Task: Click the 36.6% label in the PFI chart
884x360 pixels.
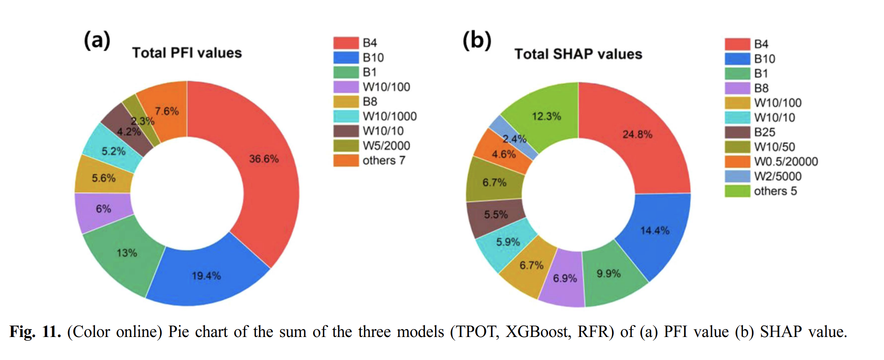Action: tap(264, 159)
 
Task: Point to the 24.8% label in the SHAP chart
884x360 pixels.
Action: tap(637, 134)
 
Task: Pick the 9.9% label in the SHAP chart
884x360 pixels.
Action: tap(608, 273)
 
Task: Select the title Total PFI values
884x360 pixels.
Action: tap(187, 53)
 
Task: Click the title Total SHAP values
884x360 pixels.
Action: tap(578, 54)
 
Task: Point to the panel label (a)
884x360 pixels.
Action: tap(97, 40)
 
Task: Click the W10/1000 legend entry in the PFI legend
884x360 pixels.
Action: tap(389, 116)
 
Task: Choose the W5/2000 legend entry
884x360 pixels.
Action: tap(386, 146)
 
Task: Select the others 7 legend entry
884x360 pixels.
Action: tap(383, 160)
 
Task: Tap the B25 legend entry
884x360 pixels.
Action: tap(764, 132)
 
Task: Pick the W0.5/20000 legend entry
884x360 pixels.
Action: tap(785, 161)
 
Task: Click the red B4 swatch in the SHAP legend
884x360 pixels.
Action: tap(737, 44)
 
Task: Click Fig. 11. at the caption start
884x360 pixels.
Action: tap(35, 332)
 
